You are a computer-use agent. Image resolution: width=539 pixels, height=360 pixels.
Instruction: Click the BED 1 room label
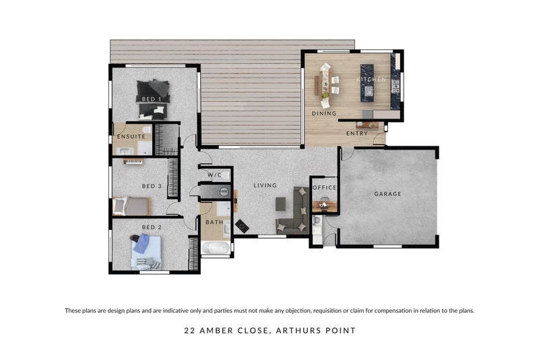pyautogui.click(x=152, y=99)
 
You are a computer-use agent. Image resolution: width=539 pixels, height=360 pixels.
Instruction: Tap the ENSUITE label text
pyautogui.click(x=131, y=137)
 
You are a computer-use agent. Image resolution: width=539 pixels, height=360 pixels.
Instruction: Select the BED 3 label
pyautogui.click(x=152, y=186)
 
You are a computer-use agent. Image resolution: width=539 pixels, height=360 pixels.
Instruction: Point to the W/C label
pyautogui.click(x=214, y=175)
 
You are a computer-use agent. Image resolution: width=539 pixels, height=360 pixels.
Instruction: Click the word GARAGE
pyautogui.click(x=387, y=194)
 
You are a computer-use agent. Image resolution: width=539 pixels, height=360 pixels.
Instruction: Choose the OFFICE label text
pyautogui.click(x=324, y=188)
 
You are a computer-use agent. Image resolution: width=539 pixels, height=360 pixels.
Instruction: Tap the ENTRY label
pyautogui.click(x=357, y=133)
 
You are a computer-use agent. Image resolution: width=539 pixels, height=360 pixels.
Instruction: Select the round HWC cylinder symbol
pyautogui.click(x=224, y=191)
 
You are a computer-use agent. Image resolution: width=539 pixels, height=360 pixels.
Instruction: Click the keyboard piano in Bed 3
pyautogui.click(x=133, y=161)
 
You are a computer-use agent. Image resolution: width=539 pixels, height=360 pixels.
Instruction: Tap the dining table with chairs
pyautogui.click(x=325, y=84)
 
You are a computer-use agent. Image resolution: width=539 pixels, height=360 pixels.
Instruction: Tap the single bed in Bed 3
pyautogui.click(x=131, y=206)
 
